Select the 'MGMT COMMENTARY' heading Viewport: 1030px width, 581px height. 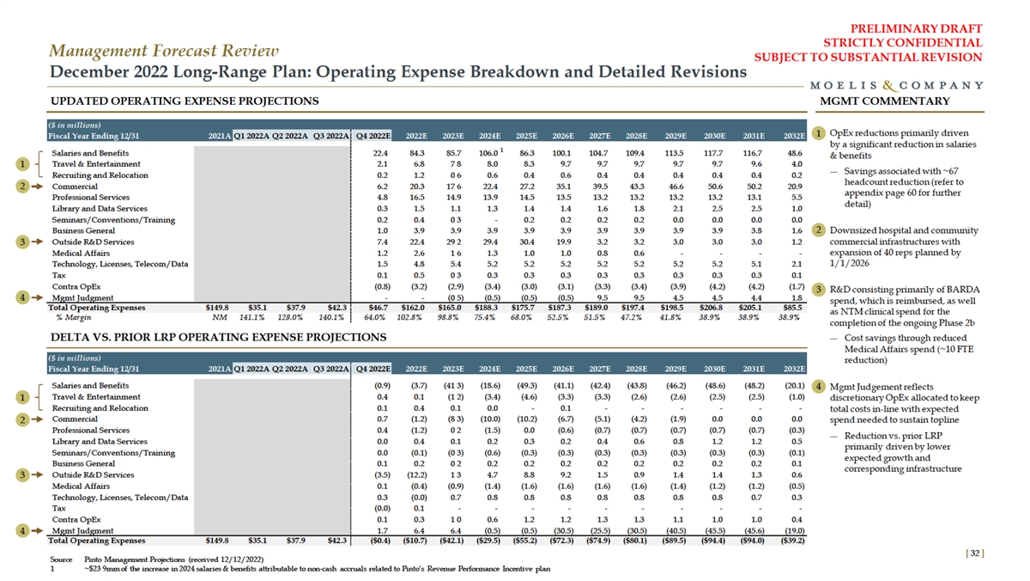tap(885, 101)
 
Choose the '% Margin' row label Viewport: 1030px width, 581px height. tap(71, 317)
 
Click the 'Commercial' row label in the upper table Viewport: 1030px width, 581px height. tap(75, 187)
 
